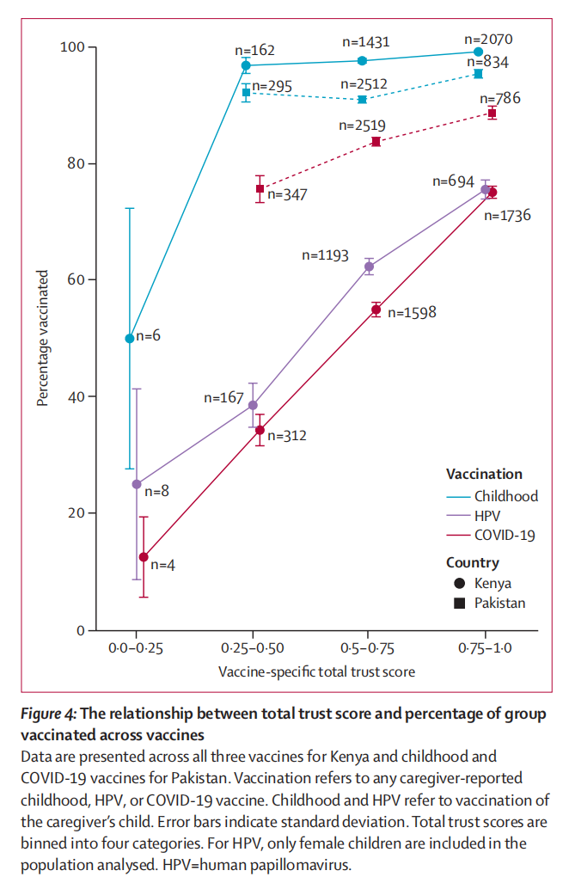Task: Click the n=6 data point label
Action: (148, 336)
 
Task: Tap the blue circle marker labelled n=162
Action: (246, 65)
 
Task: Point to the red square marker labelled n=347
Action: (260, 188)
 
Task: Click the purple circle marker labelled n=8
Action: (136, 484)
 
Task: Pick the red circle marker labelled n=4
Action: (144, 557)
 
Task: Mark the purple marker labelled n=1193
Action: (369, 267)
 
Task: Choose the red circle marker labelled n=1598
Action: (376, 310)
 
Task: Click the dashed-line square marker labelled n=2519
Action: (376, 141)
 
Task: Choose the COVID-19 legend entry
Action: (505, 535)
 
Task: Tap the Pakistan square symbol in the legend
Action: (460, 603)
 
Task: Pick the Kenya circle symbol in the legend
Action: (460, 584)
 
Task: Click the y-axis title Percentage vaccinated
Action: (42, 338)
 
